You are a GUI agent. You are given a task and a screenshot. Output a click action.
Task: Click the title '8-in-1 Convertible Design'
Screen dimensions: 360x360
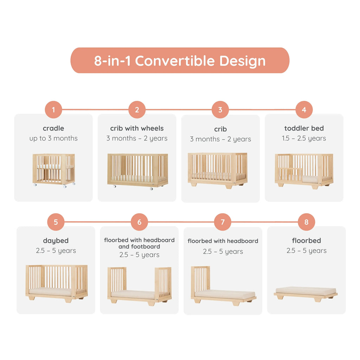(180, 61)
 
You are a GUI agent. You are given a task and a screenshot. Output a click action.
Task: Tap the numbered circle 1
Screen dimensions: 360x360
(53, 110)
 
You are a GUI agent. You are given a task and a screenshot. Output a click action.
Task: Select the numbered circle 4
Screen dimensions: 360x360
(304, 110)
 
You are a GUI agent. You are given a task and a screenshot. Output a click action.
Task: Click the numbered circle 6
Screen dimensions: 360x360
(140, 222)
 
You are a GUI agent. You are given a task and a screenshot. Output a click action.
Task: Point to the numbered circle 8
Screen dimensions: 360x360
(307, 222)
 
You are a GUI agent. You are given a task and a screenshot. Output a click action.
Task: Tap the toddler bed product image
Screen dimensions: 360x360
(304, 171)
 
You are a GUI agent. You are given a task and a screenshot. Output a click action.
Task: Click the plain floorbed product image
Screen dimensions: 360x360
(306, 293)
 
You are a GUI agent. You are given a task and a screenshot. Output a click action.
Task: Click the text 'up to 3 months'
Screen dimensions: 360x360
(53, 139)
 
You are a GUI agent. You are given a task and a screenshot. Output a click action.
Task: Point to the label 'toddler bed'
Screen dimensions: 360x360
(304, 128)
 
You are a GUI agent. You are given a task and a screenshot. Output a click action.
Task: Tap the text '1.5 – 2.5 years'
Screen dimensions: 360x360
(304, 139)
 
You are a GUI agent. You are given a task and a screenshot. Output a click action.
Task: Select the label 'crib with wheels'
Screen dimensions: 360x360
(137, 128)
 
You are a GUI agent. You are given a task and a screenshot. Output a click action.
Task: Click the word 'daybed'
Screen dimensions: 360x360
(56, 241)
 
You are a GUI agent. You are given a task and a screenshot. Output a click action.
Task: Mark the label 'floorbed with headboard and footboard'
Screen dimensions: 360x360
(139, 243)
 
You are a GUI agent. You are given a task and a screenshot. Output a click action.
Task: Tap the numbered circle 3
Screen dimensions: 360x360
(220, 110)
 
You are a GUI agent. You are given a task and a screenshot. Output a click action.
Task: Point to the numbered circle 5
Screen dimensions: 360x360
(56, 222)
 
